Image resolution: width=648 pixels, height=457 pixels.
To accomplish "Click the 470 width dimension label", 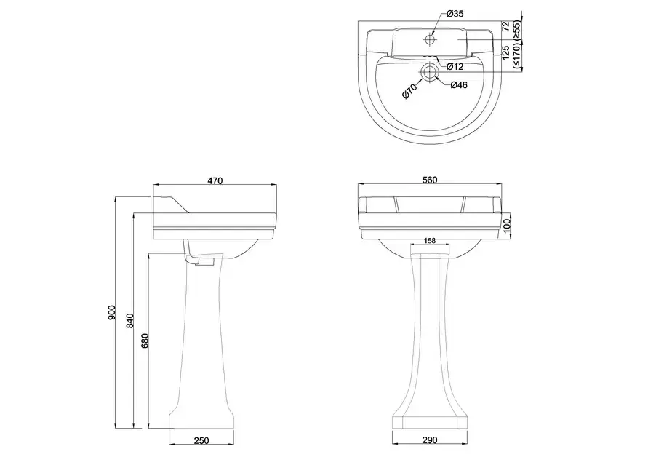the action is click(215, 180).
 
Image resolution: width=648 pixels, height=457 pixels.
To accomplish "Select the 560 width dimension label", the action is click(430, 180).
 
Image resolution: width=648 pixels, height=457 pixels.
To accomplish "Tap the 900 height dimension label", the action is click(111, 313).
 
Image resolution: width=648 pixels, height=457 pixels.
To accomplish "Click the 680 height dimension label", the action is click(144, 341).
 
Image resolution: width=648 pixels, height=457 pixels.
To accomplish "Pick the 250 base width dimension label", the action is click(201, 441).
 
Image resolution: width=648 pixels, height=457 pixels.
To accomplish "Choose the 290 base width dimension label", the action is click(430, 440).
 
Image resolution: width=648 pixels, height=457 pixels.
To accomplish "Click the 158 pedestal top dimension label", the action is click(430, 241).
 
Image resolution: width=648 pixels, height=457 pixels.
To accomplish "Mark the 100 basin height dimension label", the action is click(507, 226).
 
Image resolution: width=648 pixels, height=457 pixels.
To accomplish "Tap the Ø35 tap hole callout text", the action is click(455, 14).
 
